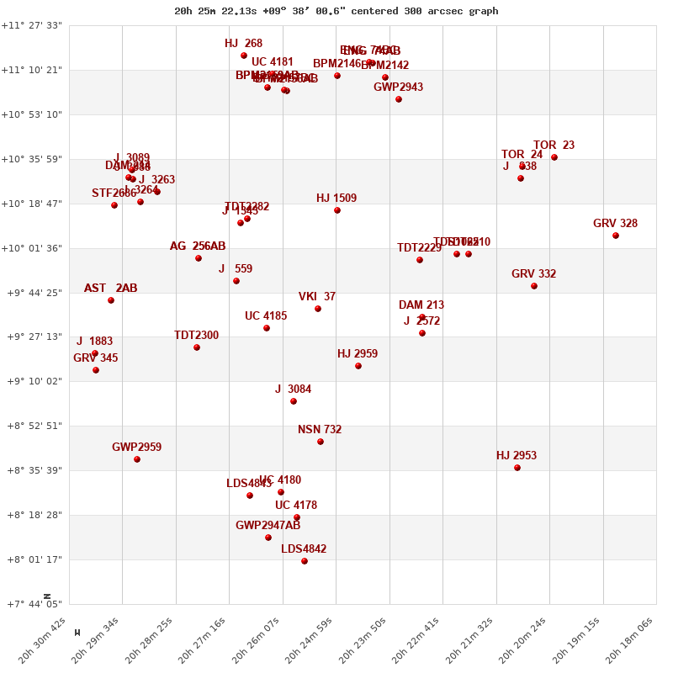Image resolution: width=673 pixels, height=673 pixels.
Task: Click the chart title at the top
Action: point(336,11)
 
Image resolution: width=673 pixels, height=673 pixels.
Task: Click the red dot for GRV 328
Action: point(616,236)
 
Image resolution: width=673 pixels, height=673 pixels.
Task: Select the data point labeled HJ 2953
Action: point(517,468)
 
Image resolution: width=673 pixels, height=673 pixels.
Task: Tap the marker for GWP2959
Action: point(137,459)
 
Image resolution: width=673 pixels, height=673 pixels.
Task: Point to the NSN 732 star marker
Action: point(321,442)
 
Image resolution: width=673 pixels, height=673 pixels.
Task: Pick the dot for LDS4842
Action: point(305,561)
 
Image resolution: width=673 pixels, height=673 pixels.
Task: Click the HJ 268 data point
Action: point(244,56)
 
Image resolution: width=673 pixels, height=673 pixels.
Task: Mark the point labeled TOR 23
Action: point(554,157)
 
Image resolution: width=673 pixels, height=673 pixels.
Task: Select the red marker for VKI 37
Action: point(318,309)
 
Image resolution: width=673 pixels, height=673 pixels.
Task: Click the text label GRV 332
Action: point(533,274)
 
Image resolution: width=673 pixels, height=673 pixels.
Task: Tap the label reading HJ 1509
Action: point(336,199)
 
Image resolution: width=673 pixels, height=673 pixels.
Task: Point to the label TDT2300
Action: point(196,336)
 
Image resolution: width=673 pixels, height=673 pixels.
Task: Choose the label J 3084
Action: point(293,389)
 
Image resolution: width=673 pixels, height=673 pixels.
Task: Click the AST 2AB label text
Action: point(110,289)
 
